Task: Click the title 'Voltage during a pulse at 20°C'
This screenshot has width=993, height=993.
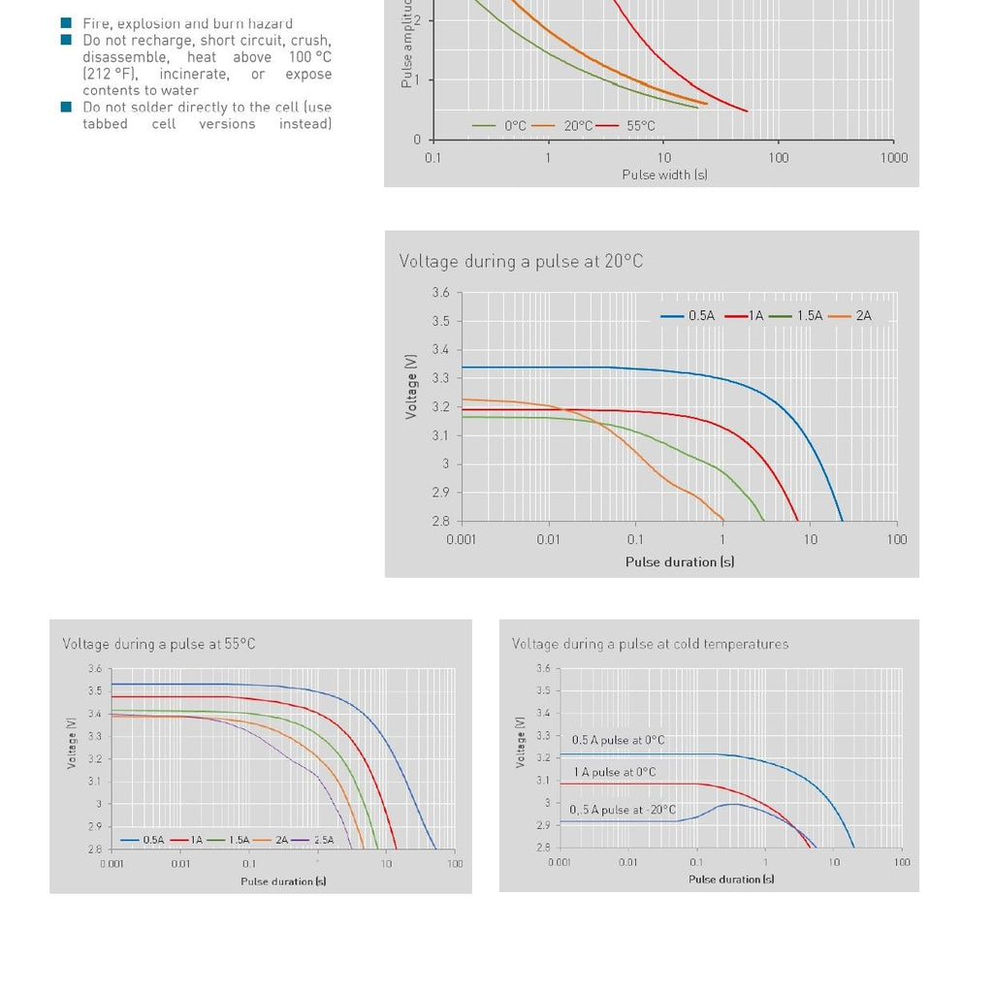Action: click(x=521, y=261)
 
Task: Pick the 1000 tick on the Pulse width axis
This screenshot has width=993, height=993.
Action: click(x=893, y=158)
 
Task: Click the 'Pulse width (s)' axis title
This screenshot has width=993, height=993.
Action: click(x=664, y=175)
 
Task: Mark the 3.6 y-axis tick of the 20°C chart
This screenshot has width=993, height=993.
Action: click(x=440, y=293)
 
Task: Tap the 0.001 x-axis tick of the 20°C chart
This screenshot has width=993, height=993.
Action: click(x=461, y=539)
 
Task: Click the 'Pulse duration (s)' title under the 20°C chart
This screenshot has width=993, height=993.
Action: click(x=679, y=561)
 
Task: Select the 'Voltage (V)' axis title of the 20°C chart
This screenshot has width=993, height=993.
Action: click(x=412, y=385)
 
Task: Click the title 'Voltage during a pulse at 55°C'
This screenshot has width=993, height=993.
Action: click(x=159, y=644)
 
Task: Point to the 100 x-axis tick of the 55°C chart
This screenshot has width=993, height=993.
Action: click(x=455, y=863)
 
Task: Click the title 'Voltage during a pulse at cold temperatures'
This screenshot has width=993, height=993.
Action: click(x=650, y=644)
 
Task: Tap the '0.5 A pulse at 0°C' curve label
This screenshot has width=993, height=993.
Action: click(x=618, y=740)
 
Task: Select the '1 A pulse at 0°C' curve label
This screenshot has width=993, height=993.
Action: click(x=615, y=772)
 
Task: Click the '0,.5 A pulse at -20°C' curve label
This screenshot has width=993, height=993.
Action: click(x=623, y=810)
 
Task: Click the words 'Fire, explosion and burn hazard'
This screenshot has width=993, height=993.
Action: click(x=187, y=23)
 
